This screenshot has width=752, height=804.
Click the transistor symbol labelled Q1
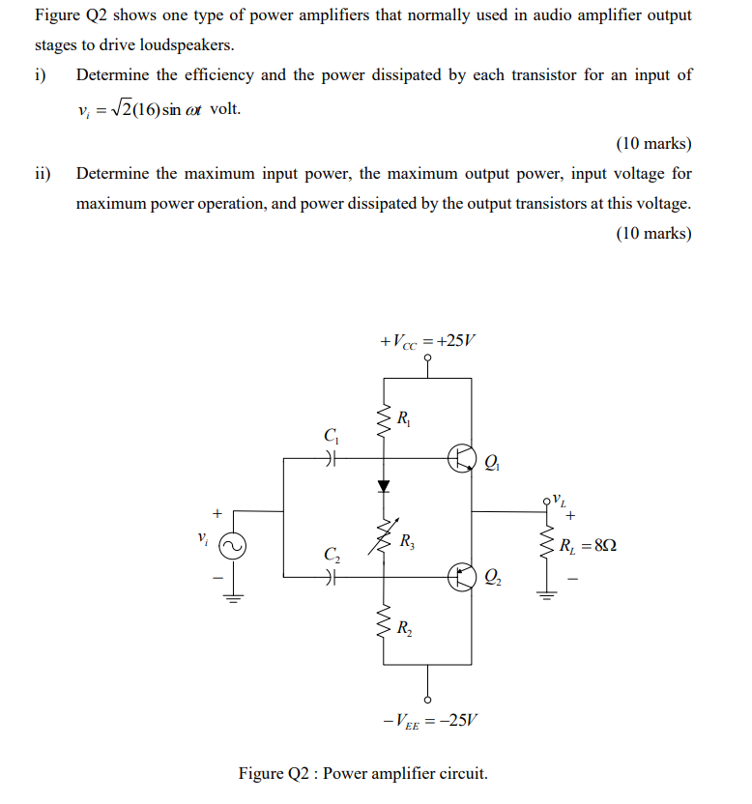tap(460, 458)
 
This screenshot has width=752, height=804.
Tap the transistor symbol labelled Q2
tap(460, 577)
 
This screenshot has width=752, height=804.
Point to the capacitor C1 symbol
tap(332, 458)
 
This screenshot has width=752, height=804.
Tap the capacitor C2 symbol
tap(332, 577)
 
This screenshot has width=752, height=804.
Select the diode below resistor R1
tap(384, 485)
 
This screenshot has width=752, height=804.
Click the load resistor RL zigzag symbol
tap(543, 546)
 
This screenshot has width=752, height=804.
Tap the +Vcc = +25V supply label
tap(428, 342)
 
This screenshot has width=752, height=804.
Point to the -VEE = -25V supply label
tap(430, 720)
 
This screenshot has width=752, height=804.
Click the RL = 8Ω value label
tap(588, 546)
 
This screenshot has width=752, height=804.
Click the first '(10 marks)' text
tap(653, 144)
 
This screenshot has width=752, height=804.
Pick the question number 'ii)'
tap(43, 174)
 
